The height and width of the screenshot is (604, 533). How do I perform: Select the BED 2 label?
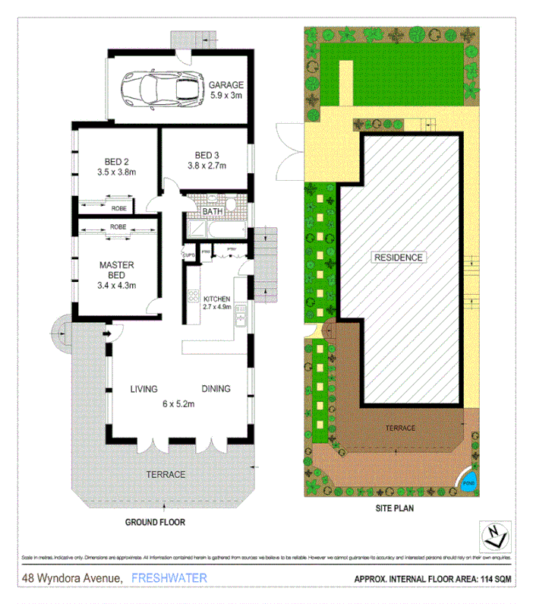pyautogui.click(x=118, y=160)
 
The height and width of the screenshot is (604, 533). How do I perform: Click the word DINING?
pyautogui.click(x=216, y=389)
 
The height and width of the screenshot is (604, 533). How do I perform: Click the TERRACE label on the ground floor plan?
pyautogui.click(x=166, y=474)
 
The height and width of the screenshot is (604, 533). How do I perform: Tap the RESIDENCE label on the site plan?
pyautogui.click(x=398, y=258)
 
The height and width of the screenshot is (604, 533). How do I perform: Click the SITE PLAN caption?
pyautogui.click(x=393, y=510)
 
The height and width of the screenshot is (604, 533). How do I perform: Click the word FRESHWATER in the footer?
pyautogui.click(x=169, y=578)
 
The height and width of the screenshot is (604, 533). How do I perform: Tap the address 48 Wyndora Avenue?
pyautogui.click(x=72, y=578)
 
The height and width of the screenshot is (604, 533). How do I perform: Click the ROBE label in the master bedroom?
pyautogui.click(x=118, y=226)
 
